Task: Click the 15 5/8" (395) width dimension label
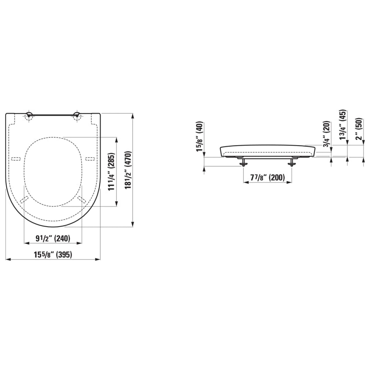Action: pos(53,255)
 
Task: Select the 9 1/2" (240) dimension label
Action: pos(53,238)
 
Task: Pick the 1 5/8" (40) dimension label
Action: pos(200,136)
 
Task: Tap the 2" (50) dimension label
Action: pos(360,129)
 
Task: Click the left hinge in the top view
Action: pos(29,115)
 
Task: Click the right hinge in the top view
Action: pos(77,115)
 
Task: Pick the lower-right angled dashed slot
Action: pos(81,199)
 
